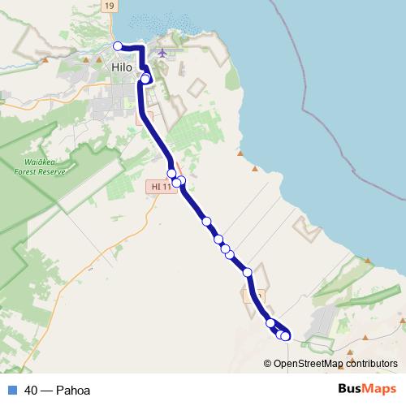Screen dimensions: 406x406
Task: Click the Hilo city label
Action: (x=122, y=67)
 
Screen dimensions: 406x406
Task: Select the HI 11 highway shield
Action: (x=162, y=187)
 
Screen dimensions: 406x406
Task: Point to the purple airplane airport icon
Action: (x=162, y=54)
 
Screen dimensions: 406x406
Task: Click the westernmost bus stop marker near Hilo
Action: (x=118, y=46)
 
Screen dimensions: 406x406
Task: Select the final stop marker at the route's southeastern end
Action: (x=285, y=336)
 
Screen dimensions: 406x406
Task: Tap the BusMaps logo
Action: (x=368, y=390)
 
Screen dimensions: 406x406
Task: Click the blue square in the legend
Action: (x=12, y=391)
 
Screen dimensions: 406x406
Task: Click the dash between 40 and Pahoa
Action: (x=46, y=391)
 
